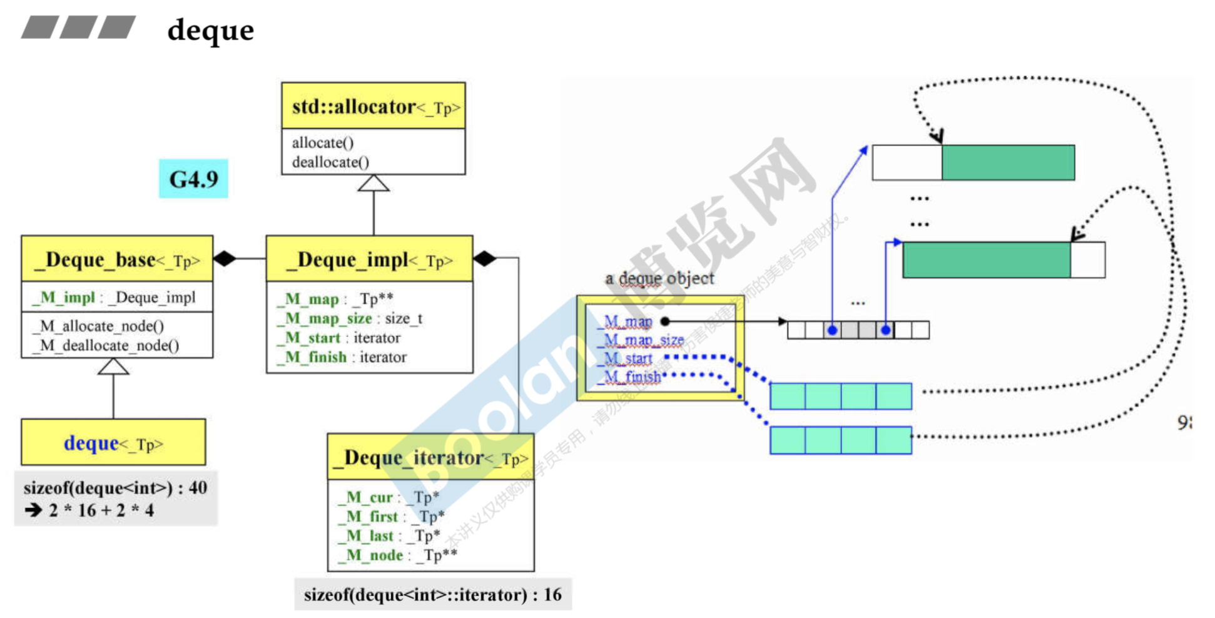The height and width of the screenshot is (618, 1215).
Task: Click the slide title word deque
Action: (211, 31)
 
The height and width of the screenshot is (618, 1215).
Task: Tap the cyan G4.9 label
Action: (193, 180)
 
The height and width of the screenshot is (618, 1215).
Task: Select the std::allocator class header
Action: (374, 107)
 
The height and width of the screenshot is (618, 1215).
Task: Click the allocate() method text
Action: (323, 143)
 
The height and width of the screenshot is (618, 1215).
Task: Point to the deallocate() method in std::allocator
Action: (330, 162)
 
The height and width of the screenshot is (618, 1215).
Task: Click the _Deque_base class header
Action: (117, 260)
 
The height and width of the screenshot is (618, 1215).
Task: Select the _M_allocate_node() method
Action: (99, 326)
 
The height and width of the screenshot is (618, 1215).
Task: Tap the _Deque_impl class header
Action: (369, 260)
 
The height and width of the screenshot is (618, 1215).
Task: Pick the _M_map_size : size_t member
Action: (350, 318)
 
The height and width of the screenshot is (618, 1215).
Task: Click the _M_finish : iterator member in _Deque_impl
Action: (342, 357)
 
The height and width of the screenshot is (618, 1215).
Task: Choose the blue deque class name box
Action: (113, 443)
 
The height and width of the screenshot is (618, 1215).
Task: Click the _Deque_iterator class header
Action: (430, 458)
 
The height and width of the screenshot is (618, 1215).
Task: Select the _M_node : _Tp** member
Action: (397, 555)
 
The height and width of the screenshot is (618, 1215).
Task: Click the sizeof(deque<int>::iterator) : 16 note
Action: (432, 594)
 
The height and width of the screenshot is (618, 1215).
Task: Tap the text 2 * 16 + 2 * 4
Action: (101, 510)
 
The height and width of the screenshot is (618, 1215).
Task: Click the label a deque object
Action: (659, 278)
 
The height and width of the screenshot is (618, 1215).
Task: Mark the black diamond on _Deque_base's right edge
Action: (225, 258)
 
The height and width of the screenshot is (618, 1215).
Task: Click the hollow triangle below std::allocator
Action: (374, 183)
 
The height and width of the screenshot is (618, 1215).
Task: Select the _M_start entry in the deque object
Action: (628, 358)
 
